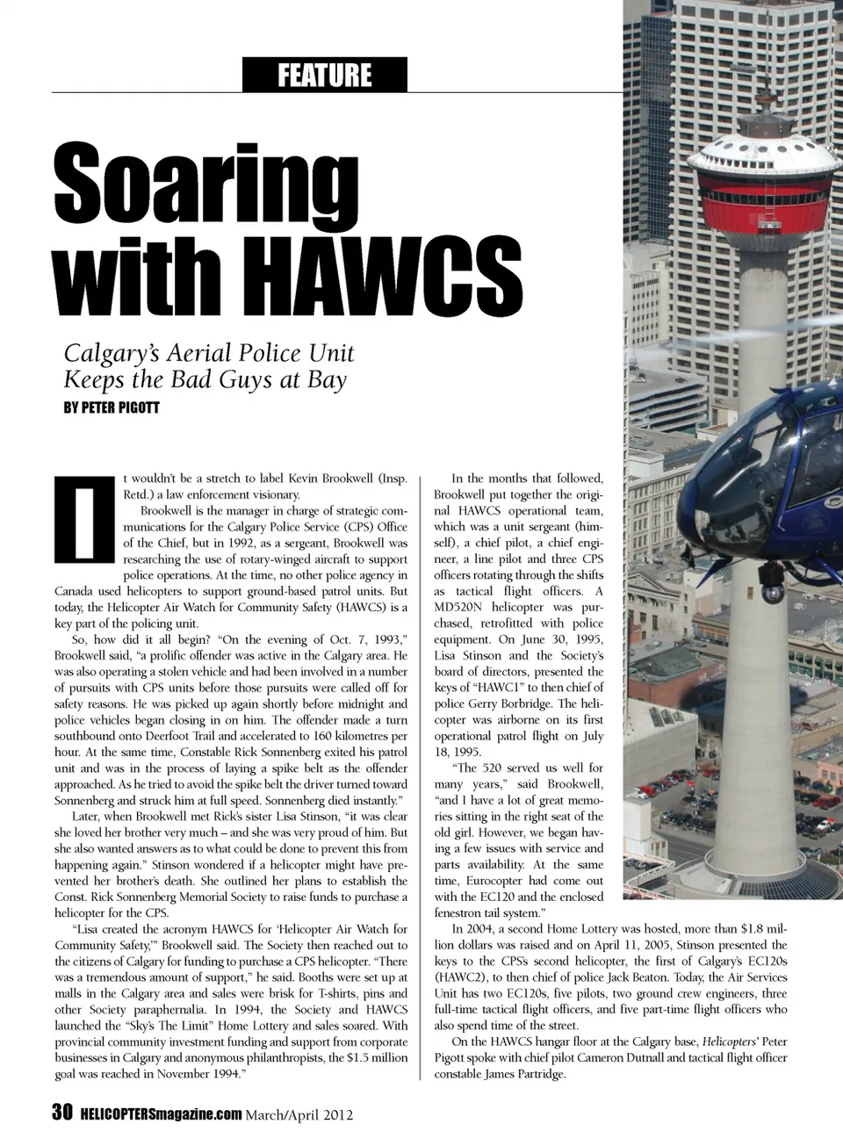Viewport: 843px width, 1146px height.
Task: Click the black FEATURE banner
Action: click(x=324, y=76)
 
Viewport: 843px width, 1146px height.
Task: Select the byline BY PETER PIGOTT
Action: click(x=112, y=408)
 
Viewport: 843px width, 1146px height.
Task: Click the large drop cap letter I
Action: click(x=84, y=519)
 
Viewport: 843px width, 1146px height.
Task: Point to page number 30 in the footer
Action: click(x=61, y=1114)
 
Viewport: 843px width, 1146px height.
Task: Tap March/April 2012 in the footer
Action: click(x=299, y=1115)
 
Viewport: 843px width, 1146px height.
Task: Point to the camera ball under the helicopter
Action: click(x=774, y=592)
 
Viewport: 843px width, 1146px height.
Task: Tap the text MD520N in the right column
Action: click(x=465, y=608)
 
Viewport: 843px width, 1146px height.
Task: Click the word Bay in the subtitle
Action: click(x=327, y=380)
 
